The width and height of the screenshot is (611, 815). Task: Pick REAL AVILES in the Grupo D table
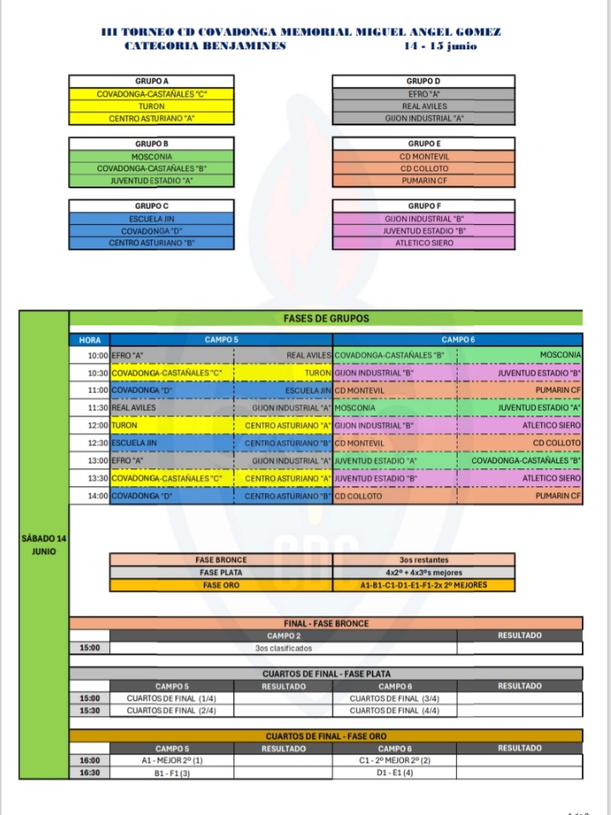pos(424,106)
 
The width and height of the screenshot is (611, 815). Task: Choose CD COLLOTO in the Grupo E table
pos(424,169)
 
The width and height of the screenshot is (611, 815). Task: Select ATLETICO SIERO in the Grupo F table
pos(424,243)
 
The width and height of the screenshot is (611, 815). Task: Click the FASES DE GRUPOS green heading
pos(326,319)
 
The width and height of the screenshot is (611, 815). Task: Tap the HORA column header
pos(89,340)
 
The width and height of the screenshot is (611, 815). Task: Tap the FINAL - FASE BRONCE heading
pos(326,623)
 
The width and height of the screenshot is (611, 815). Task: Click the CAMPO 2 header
pos(284,635)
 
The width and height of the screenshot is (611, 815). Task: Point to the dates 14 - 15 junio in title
pos(440,45)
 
